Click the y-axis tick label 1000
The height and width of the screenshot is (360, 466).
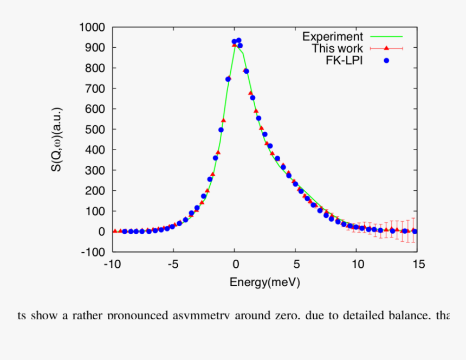pyautogui.click(x=92, y=27)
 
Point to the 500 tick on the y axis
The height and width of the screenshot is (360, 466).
pyautogui.click(x=95, y=129)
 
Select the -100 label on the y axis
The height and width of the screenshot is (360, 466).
pyautogui.click(x=94, y=252)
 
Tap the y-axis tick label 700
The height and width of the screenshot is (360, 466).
pyautogui.click(x=95, y=88)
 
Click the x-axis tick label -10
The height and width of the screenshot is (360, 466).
pyautogui.click(x=112, y=264)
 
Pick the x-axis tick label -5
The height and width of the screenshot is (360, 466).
pyautogui.click(x=173, y=264)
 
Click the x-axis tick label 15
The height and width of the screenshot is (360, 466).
pyautogui.click(x=418, y=264)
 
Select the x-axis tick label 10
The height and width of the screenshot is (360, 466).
pyautogui.click(x=357, y=264)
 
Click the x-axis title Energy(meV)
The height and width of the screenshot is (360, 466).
pyautogui.click(x=264, y=282)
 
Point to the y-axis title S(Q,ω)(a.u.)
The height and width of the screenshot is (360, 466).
pyautogui.click(x=57, y=139)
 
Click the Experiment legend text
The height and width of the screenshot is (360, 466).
pyautogui.click(x=332, y=37)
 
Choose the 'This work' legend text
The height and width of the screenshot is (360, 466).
pyautogui.click(x=337, y=48)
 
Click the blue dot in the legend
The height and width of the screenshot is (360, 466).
pyautogui.click(x=387, y=60)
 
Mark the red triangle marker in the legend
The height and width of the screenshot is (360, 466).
pyautogui.click(x=387, y=48)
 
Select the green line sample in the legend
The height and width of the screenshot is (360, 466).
pyautogui.click(x=387, y=37)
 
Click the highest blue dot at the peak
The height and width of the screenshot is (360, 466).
pyautogui.click(x=238, y=40)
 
